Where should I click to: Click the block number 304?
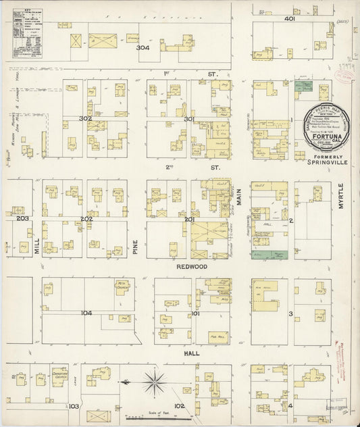143,48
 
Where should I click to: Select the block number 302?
86,118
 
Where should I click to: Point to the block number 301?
189,120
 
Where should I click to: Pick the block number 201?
188,219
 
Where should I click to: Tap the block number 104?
86,313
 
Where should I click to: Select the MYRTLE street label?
340,196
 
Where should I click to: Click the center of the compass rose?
155,383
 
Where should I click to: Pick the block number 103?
74,406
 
